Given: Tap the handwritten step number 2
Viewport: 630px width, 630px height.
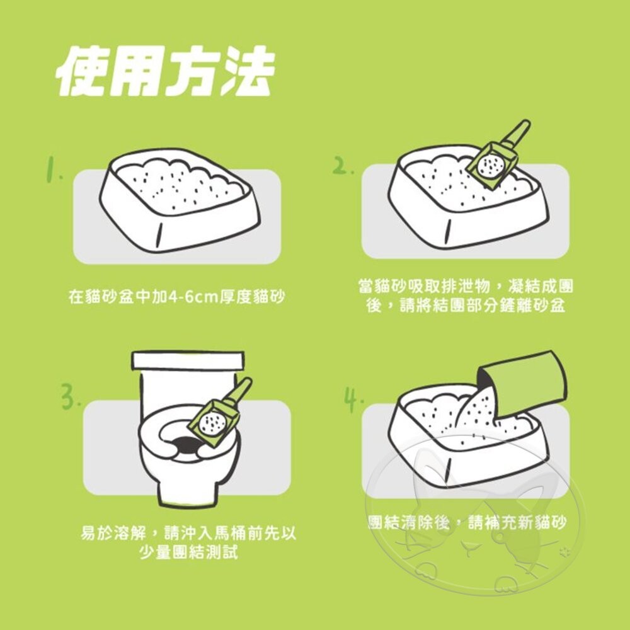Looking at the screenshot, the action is click(x=343, y=166).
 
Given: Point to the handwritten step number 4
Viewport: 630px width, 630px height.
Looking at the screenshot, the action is click(x=353, y=399).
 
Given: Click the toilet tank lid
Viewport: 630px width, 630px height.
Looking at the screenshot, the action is click(x=188, y=360).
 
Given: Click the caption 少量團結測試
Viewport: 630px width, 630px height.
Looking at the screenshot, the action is click(x=188, y=552).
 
